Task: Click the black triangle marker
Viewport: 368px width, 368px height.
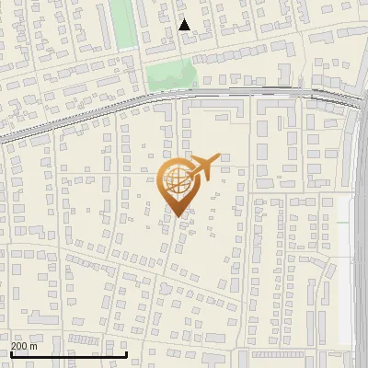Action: click(184, 25)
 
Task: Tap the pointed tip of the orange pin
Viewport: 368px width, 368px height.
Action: click(178, 214)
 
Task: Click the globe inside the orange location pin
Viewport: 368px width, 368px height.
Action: click(178, 179)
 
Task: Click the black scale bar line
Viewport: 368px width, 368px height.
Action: click(69, 353)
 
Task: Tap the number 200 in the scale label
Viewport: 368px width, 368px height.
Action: click(20, 346)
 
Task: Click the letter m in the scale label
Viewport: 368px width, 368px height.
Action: click(33, 346)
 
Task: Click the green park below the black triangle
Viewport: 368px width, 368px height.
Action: click(172, 74)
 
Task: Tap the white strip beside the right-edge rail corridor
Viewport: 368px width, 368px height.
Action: click(344, 276)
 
